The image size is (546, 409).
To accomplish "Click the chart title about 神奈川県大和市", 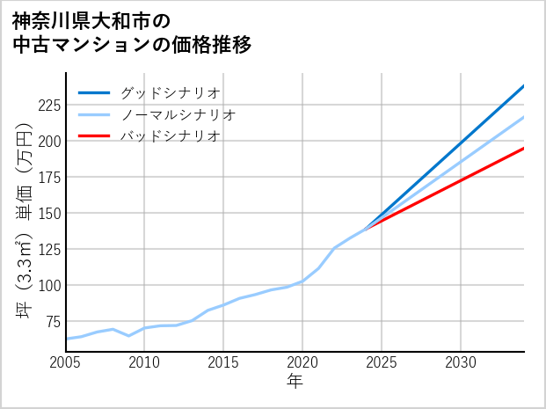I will point(132,32).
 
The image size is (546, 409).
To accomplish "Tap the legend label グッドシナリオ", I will point(170,92).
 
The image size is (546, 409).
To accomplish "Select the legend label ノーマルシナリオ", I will point(178,114).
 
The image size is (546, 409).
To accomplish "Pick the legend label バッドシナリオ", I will point(170,136).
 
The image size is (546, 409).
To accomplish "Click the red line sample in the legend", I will point(94,136).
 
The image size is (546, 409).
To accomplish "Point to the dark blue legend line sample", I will point(94,92).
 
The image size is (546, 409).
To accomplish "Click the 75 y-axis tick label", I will point(52,321).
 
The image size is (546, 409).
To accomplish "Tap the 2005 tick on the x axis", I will point(66,362).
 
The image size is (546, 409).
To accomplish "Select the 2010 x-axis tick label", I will point(144,362).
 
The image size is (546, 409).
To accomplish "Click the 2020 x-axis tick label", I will point(302,362).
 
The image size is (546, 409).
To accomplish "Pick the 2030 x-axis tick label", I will point(461,362).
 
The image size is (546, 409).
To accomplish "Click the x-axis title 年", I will point(295,382).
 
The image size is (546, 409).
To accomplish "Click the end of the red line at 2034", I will point(523,148).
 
